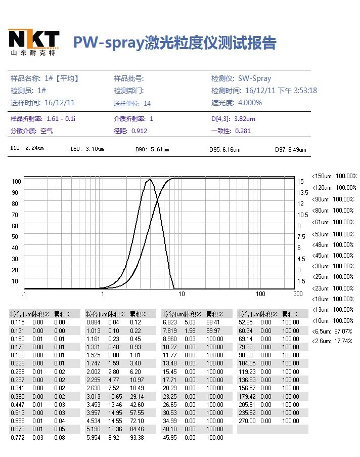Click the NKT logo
click(33, 42)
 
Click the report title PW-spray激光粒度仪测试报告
click(174, 42)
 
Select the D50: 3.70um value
click(87, 149)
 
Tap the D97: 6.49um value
click(290, 149)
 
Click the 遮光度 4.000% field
click(237, 103)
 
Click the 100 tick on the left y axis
click(15, 181)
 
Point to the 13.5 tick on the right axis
click(302, 192)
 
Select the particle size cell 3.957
click(94, 412)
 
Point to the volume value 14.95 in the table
click(113, 412)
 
